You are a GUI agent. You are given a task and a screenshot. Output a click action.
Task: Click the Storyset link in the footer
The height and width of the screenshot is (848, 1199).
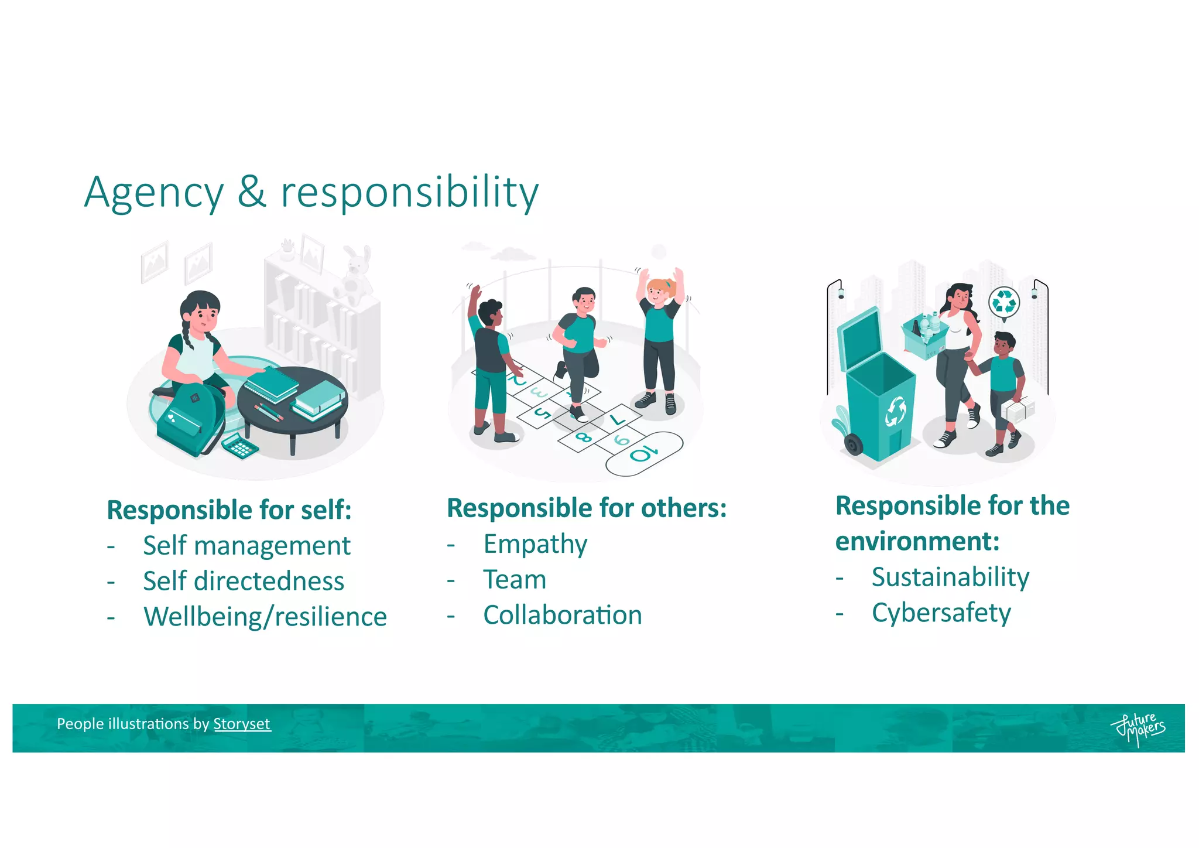(x=241, y=724)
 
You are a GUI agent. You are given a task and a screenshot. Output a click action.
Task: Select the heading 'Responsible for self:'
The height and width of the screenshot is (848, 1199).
(x=229, y=510)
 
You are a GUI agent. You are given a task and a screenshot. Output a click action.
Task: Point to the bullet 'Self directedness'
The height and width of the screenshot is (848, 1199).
(x=244, y=581)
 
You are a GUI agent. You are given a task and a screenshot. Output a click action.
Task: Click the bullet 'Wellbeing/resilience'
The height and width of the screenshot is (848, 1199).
(x=265, y=617)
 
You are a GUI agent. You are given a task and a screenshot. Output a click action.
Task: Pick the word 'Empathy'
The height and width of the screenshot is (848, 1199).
(x=535, y=544)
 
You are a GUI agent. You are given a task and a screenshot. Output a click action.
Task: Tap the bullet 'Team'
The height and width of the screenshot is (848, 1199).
(x=515, y=580)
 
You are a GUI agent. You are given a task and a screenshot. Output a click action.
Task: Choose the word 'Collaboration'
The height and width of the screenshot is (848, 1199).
(x=563, y=615)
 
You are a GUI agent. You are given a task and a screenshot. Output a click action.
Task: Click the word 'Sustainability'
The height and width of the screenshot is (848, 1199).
(x=950, y=577)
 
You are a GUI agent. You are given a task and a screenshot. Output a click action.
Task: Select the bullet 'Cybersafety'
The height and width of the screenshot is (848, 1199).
(x=941, y=613)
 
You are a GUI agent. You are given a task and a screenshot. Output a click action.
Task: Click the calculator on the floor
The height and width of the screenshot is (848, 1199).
(x=240, y=446)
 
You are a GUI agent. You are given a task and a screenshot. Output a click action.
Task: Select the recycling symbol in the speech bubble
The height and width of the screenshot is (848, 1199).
(x=1004, y=302)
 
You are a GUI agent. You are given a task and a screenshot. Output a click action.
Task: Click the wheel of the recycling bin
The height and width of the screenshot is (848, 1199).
(x=853, y=444)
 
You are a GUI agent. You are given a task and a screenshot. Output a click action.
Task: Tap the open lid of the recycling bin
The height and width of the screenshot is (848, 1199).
(x=859, y=340)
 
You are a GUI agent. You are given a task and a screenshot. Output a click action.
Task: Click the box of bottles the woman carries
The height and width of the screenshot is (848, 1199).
(x=925, y=337)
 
